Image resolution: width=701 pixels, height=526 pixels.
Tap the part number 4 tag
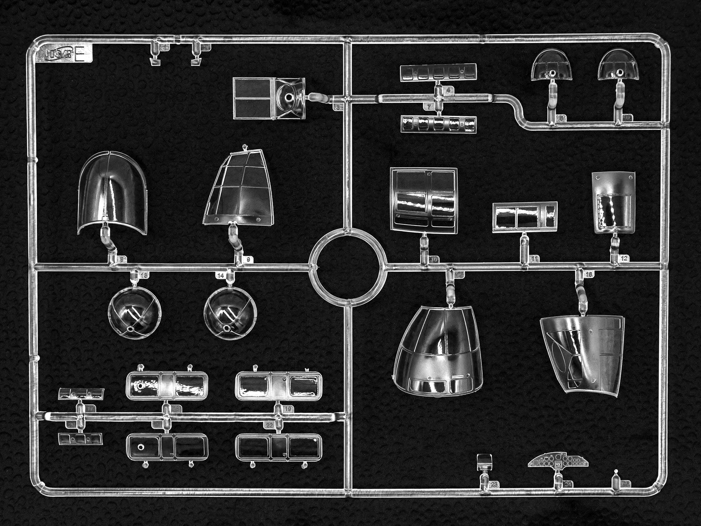(448, 90)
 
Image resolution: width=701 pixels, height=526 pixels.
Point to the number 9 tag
(248, 259)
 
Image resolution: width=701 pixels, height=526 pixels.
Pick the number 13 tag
(144, 275)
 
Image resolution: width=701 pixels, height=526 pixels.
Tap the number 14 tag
(220, 276)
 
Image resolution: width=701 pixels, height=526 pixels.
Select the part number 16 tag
(589, 274)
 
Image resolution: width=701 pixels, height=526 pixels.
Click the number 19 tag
(288, 409)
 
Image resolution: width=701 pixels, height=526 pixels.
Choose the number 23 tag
(494, 485)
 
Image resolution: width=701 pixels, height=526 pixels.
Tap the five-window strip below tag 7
(438, 124)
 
